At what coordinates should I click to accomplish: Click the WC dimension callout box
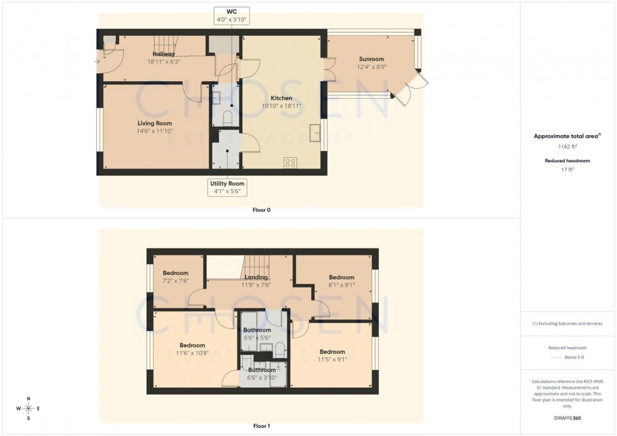[x=232, y=16]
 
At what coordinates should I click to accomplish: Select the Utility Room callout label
[x=227, y=187]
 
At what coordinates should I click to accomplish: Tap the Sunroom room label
[x=370, y=59]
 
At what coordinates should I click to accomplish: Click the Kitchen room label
[x=281, y=98]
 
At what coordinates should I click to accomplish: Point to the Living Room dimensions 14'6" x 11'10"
[x=155, y=131]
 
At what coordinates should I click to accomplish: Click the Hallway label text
[x=161, y=54]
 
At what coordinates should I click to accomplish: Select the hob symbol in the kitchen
[x=291, y=162]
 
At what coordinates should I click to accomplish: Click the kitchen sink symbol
[x=314, y=133]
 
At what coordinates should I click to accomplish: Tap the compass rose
[x=29, y=409]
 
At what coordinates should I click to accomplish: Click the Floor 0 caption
[x=261, y=210]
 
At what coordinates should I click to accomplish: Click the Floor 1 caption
[x=261, y=426]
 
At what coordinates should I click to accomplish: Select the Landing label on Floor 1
[x=256, y=277]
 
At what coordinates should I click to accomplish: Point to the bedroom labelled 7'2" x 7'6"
[x=175, y=277]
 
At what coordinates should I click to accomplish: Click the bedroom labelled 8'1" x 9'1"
[x=341, y=281]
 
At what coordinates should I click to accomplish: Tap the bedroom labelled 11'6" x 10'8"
[x=192, y=349]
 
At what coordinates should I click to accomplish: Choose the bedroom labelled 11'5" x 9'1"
[x=332, y=355]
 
